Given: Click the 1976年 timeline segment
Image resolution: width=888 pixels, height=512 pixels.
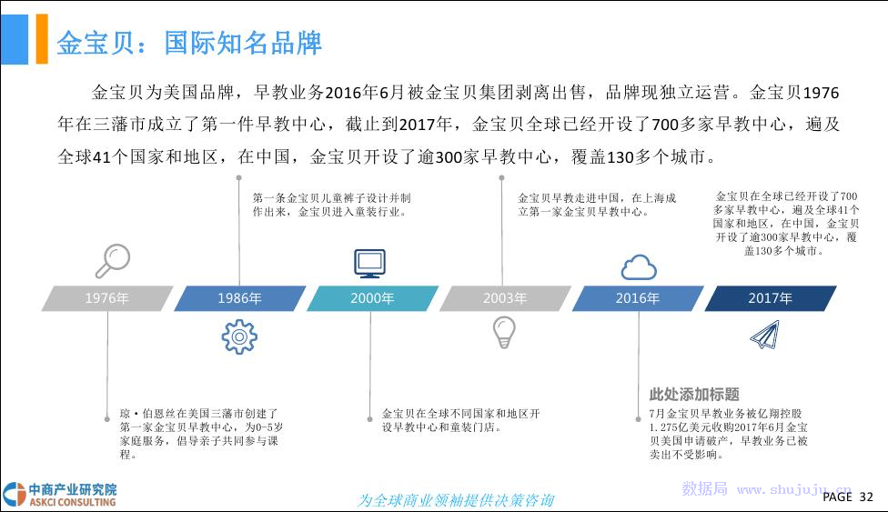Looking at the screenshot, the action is point(107,298).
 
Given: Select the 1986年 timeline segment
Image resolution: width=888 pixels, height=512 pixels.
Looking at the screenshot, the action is point(239,298).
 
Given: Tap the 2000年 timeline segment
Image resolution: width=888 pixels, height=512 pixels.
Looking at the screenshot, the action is point(372,298).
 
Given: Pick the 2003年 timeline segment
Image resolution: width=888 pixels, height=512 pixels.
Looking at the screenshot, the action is point(505,298).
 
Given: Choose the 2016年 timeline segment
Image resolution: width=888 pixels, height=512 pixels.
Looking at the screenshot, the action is point(638,298).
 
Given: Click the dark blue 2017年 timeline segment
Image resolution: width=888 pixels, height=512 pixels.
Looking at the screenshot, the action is point(771,298).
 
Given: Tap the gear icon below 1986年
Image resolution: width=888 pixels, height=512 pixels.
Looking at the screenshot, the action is point(239,336).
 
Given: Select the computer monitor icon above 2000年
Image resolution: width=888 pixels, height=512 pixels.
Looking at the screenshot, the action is point(369,264).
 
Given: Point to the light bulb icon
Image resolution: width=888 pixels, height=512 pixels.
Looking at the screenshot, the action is point(504,332).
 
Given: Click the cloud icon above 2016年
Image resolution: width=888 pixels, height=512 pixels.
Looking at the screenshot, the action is point(639,267).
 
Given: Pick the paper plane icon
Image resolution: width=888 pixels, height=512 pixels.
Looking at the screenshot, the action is point(765,334).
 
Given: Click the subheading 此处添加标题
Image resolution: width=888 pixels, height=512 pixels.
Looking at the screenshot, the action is point(694,394).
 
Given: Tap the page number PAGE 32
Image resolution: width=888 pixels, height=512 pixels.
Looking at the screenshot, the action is point(848,497).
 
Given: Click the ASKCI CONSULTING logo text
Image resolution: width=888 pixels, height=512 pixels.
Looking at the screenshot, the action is point(73,502).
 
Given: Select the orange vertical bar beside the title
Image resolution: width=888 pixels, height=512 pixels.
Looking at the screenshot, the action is point(42,39).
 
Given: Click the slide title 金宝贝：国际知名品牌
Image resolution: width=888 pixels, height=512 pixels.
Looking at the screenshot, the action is point(189,43).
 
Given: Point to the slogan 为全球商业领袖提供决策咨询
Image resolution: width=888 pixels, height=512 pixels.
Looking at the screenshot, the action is point(455,500).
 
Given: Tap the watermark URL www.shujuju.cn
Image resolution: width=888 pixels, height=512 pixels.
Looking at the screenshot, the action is point(794,489).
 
